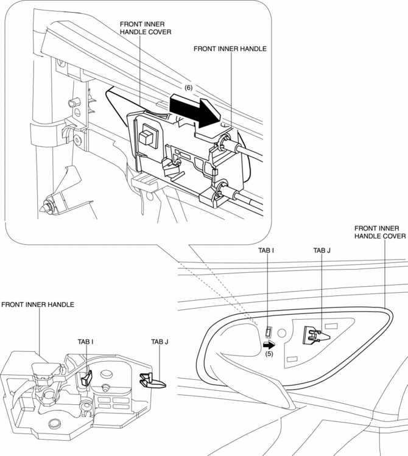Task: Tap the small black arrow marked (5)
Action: click(269, 344)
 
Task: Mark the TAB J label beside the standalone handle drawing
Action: click(160, 342)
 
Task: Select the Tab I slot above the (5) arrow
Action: click(268, 332)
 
